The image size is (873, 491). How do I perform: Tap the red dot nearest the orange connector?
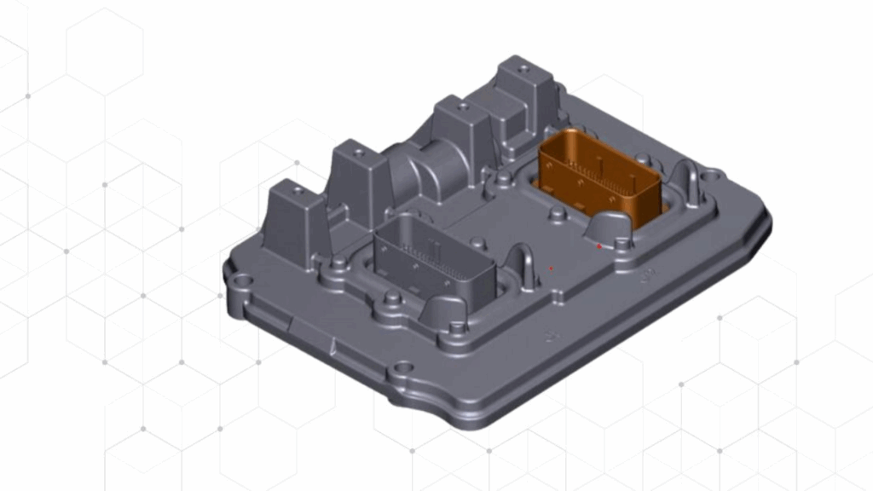coord(599,246)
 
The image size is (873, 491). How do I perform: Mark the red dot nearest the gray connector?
coord(552,269)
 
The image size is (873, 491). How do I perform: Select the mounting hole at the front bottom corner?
coord(403,373)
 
